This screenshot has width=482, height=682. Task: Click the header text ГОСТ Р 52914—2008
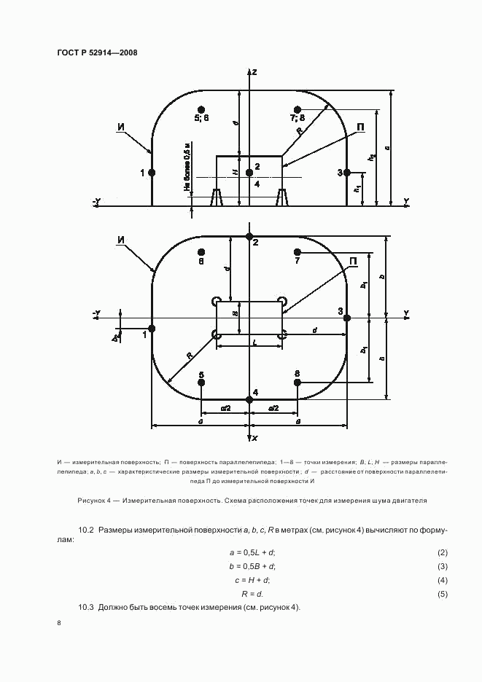(97, 53)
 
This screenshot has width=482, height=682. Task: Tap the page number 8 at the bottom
(59, 623)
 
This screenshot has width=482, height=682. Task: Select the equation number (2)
(442, 553)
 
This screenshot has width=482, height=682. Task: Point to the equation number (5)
(442, 594)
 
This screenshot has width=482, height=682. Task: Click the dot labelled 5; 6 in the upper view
(201, 109)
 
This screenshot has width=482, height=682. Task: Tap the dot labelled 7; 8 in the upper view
(297, 109)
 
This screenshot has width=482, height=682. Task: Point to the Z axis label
(254, 72)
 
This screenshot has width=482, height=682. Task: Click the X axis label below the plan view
(254, 439)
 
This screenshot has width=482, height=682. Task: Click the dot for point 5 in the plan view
(201, 383)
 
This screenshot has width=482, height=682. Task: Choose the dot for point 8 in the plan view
(297, 383)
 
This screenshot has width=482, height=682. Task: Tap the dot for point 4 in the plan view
(249, 399)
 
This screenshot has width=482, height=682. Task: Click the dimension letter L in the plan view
(253, 341)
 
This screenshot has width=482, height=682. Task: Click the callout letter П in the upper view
(360, 128)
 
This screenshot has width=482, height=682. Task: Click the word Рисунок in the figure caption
(93, 501)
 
